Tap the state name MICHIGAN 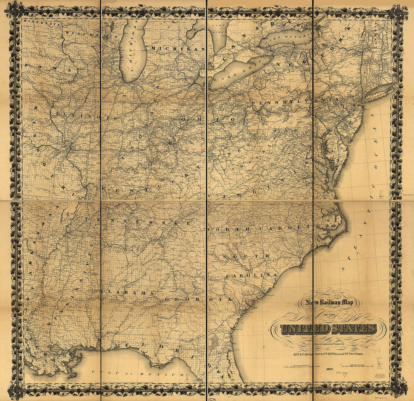click(177, 48)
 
